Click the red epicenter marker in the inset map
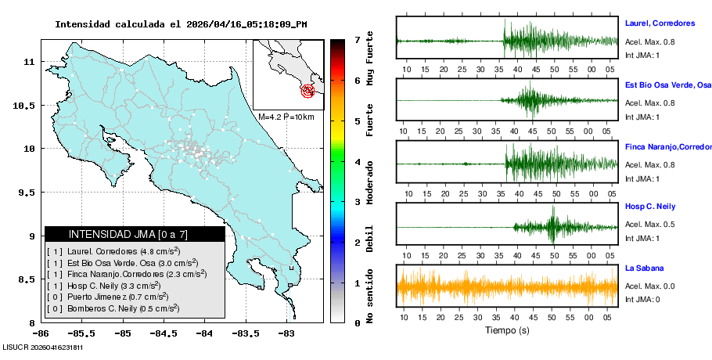click(308, 91)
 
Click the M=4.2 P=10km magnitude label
click(286, 117)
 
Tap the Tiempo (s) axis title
click(507, 330)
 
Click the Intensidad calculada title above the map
click(181, 23)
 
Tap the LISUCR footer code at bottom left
click(43, 347)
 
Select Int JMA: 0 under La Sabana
click(642, 299)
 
